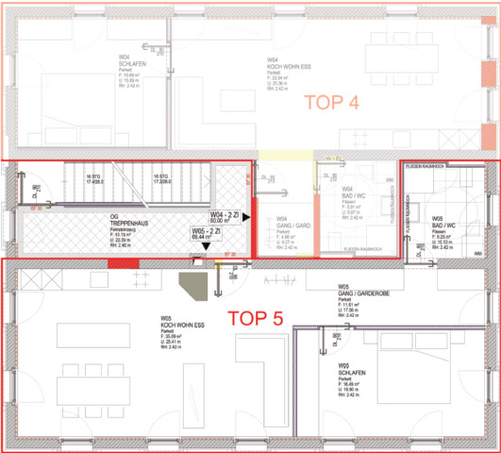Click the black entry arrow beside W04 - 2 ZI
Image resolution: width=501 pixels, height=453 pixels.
[x=246, y=217]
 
